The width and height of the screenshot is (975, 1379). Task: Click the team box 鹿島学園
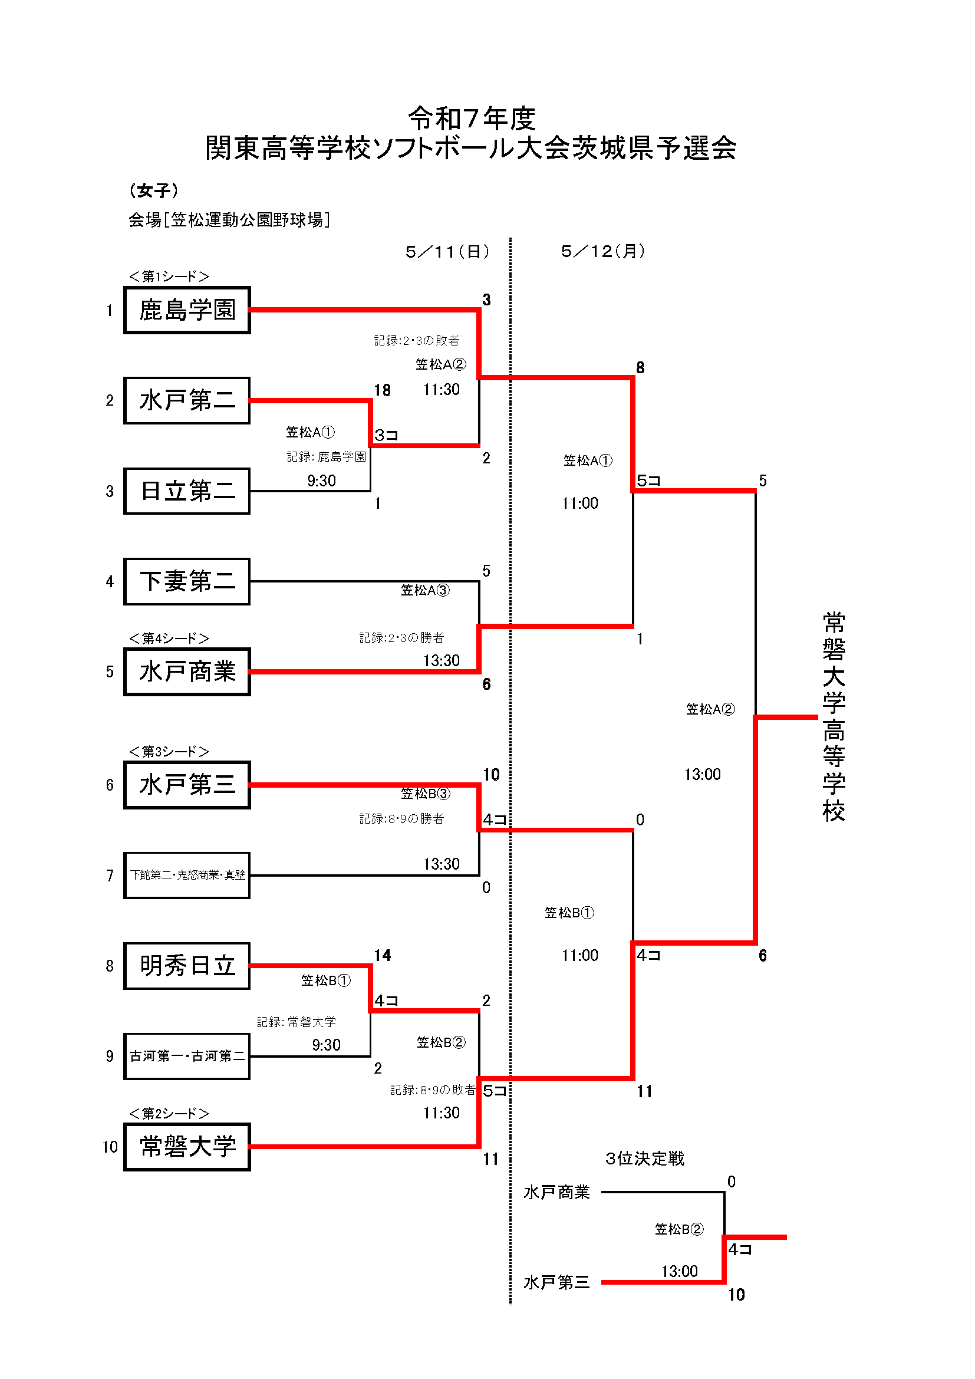(187, 310)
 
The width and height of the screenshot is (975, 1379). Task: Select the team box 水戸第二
(187, 400)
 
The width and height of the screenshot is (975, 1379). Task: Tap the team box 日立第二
(187, 491)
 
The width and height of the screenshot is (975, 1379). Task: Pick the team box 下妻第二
(187, 581)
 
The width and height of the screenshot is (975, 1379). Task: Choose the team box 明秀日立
(187, 966)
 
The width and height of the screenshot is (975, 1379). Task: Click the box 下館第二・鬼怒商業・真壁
(187, 875)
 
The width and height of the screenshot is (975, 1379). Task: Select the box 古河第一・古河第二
(187, 1057)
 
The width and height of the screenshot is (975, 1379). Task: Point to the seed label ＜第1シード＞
(169, 277)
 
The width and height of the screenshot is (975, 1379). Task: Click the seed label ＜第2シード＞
(169, 1114)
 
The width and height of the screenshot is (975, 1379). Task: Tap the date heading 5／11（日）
(447, 252)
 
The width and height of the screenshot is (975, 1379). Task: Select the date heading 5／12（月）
(603, 251)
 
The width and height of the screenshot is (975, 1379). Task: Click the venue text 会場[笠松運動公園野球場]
(229, 220)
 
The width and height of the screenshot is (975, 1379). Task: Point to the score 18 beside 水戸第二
(383, 390)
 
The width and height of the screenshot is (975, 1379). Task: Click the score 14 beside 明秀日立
(383, 956)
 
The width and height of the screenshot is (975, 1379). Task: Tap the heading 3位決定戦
(645, 1159)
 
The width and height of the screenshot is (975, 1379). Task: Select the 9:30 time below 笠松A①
(322, 481)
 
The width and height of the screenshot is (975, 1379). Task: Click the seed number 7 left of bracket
(110, 876)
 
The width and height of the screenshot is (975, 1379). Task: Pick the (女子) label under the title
(154, 190)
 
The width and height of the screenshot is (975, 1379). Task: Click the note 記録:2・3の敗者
(417, 341)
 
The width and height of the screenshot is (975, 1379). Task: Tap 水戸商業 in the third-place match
(556, 1192)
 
